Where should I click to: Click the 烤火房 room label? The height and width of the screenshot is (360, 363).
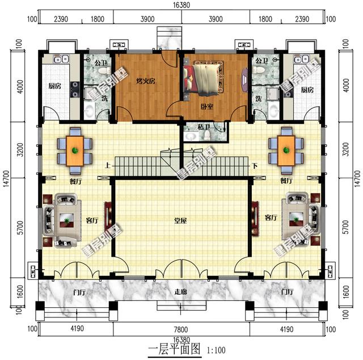point(146,81)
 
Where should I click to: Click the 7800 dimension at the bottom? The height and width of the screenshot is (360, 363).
point(181,328)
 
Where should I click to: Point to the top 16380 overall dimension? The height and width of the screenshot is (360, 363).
point(181,5)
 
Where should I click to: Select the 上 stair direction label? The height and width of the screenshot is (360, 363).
point(107,166)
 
